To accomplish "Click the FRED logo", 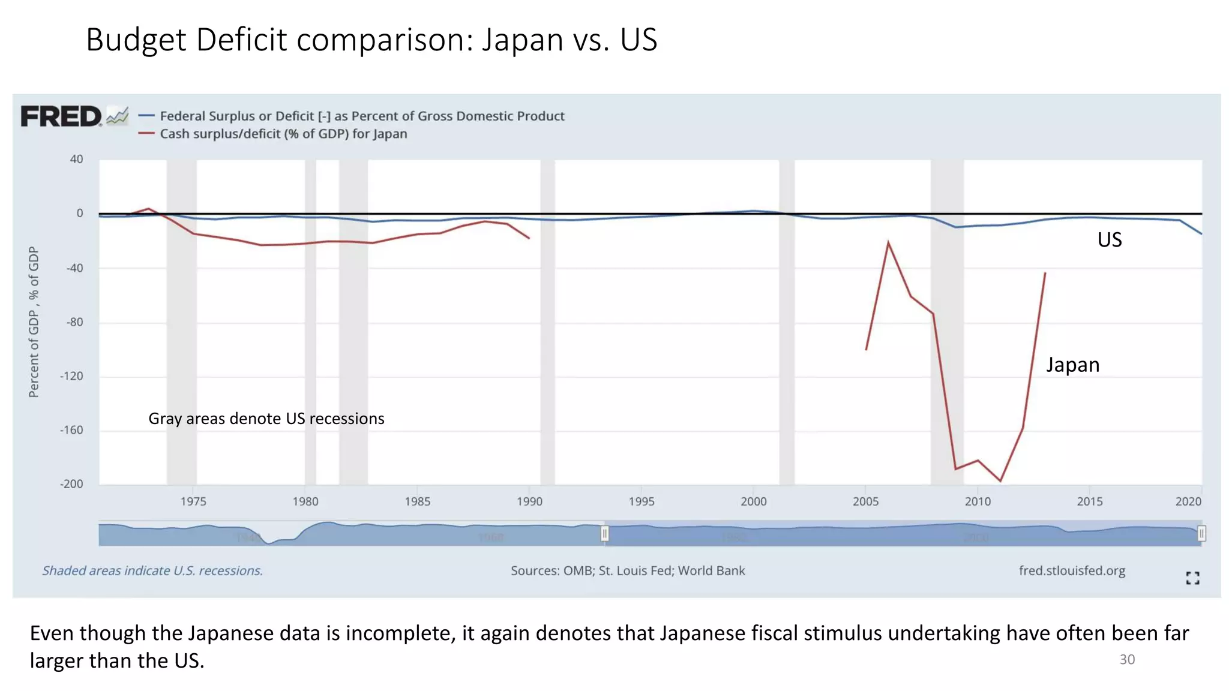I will [62, 116].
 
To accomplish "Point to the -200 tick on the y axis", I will [71, 484].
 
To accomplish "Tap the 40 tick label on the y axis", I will [76, 159].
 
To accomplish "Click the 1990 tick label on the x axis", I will [529, 501].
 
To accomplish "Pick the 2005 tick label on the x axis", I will [865, 501].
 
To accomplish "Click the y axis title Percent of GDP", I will [34, 322].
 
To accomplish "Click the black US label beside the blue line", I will [1109, 240].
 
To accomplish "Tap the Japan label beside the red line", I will [1072, 365].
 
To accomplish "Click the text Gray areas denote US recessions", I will [266, 419].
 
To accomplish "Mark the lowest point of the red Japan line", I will [1000, 480].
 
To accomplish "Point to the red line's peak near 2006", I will [888, 242].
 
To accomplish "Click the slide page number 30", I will [1126, 660].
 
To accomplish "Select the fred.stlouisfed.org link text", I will [1072, 570].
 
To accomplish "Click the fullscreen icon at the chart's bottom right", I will [1192, 578].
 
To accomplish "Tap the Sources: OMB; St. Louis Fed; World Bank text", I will [628, 570].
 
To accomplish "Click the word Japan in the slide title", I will [523, 40].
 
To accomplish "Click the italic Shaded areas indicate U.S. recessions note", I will [152, 570].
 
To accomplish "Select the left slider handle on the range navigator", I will [605, 533].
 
